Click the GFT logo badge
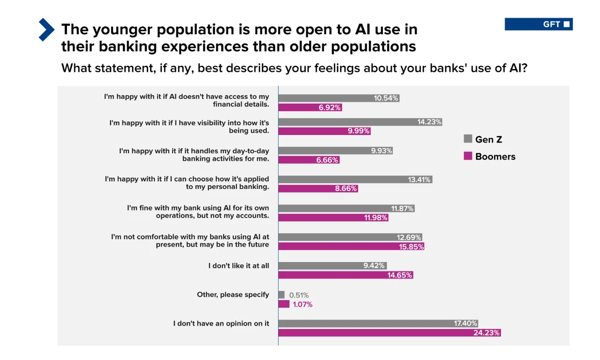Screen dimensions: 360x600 pos(539,24)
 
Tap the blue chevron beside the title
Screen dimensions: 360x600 pos(46,30)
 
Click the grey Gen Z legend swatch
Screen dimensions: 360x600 pos(468,139)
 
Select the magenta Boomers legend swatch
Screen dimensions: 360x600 pos(468,156)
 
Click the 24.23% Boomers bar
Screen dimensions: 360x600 pos(389,333)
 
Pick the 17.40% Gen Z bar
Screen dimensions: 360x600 pos(378,323)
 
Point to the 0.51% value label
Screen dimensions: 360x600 pos(299,295)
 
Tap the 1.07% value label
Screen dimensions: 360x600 pos(303,305)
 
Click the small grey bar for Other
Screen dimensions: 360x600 pos(281,295)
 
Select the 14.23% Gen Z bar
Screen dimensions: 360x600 pos(360,122)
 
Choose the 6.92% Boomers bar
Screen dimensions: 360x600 pos(310,107)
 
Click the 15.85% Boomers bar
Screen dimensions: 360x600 pos(351,247)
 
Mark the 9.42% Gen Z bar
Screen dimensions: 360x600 pos(332,266)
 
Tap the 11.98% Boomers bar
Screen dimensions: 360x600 pos(333,217)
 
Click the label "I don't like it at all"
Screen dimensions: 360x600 pos(239,266)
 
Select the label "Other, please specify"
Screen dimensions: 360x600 pos(233,295)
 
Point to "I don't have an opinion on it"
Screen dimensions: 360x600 pos(221,323)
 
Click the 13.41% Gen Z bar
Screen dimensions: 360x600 pos(355,180)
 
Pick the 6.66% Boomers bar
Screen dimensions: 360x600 pos(308,160)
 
